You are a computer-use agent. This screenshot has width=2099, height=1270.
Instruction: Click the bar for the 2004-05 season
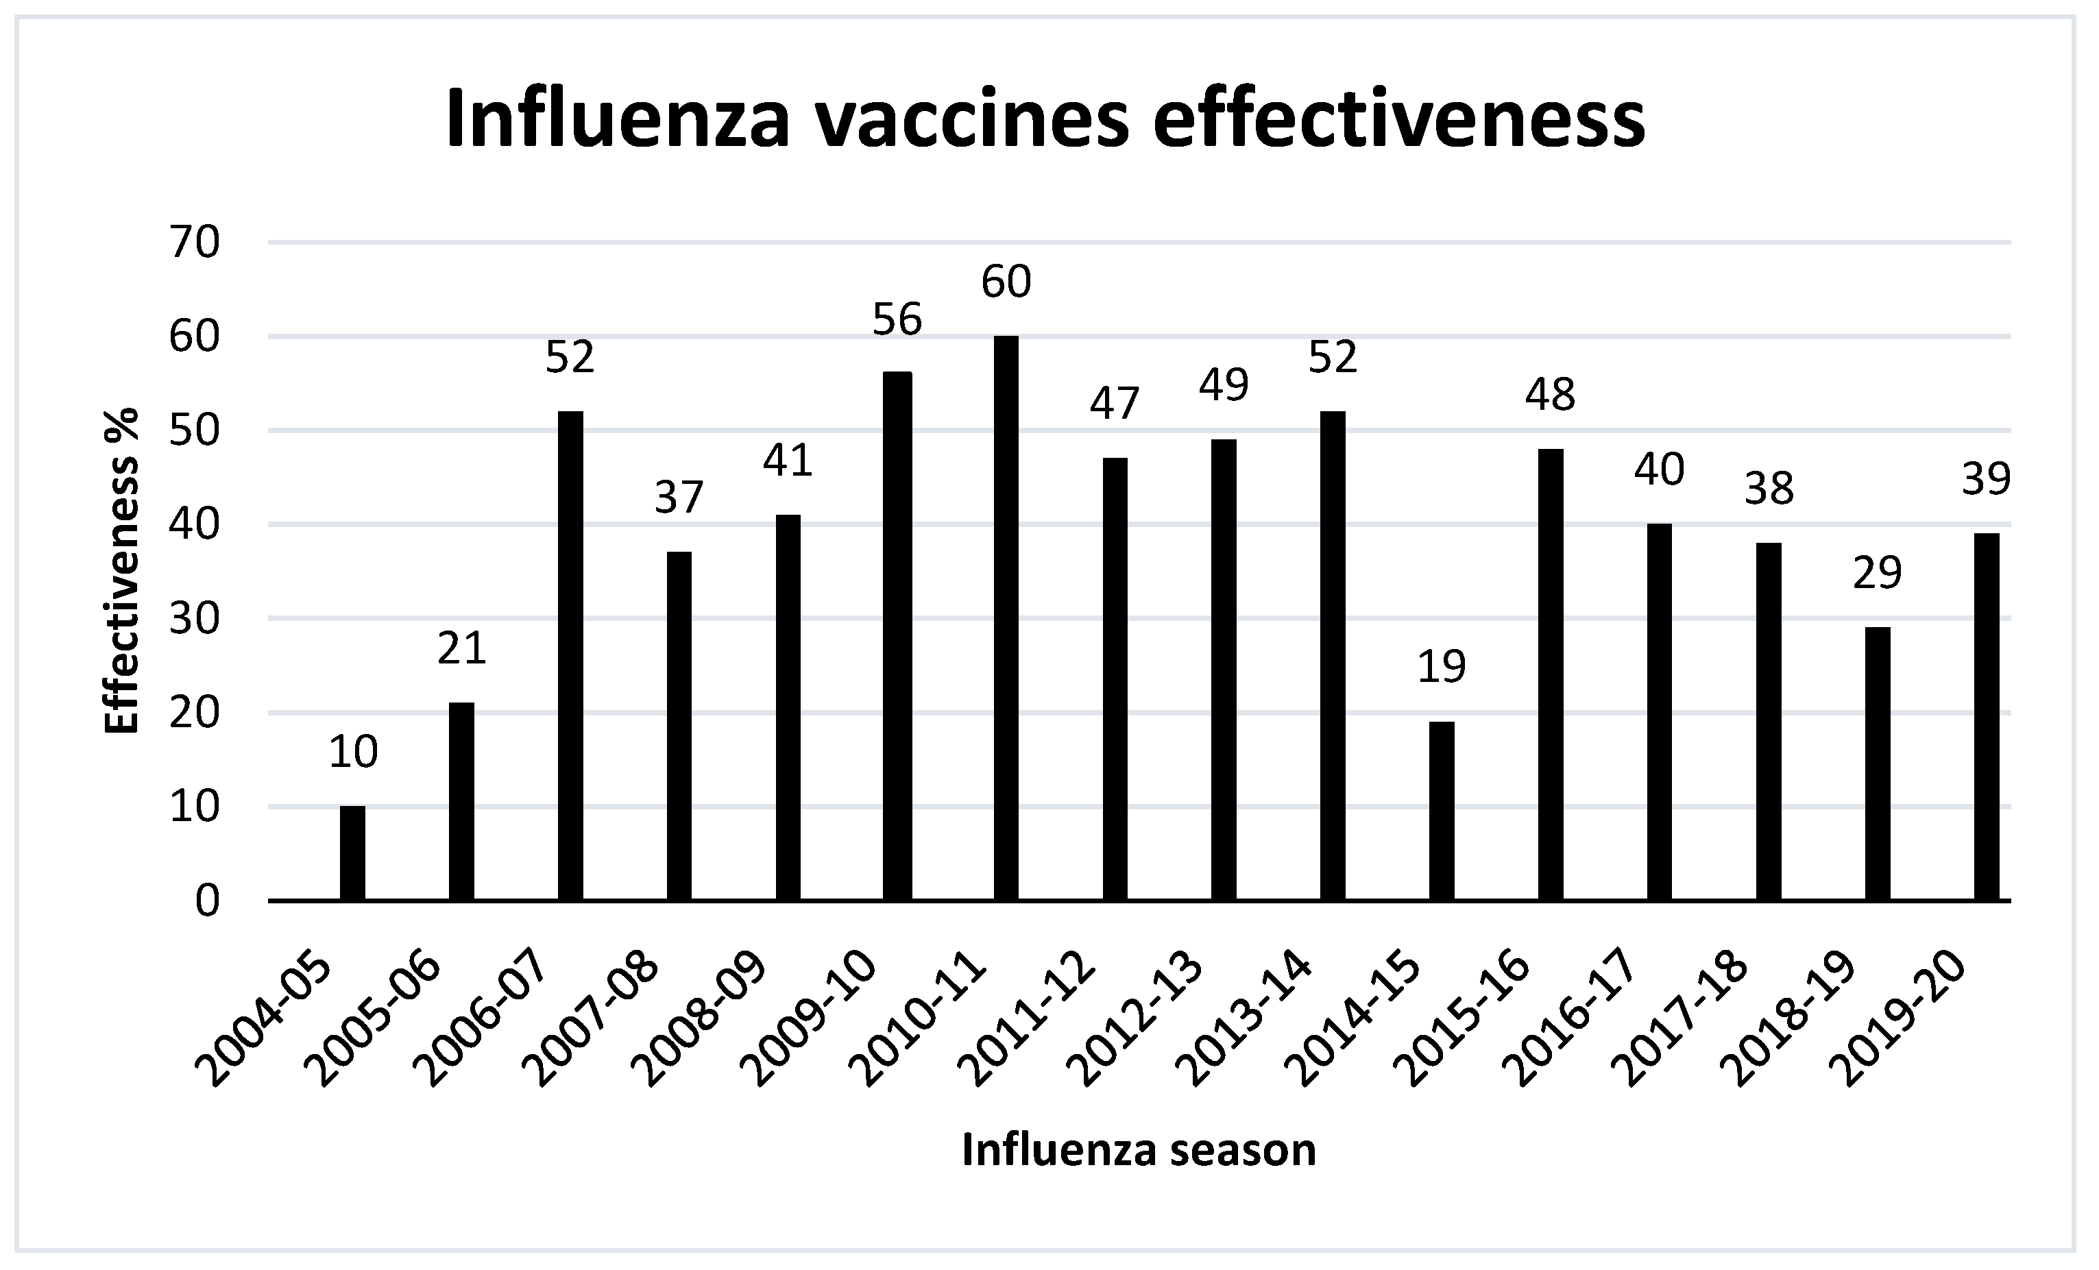coord(352,853)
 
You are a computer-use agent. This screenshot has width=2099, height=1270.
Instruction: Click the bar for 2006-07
coord(570,655)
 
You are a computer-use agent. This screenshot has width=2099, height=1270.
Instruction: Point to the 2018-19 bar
coord(1878,764)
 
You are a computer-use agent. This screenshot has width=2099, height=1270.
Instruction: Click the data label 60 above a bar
coord(1006,282)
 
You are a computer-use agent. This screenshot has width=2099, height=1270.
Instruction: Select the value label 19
coord(1442,667)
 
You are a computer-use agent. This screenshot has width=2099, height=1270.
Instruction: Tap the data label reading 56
coord(898,319)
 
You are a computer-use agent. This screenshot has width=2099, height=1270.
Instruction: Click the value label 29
coord(1878,572)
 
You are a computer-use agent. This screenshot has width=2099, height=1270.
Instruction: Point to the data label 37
coord(679,498)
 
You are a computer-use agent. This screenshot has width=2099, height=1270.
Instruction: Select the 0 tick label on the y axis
coord(208,901)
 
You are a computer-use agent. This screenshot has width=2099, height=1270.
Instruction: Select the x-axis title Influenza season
coord(1139,1149)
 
